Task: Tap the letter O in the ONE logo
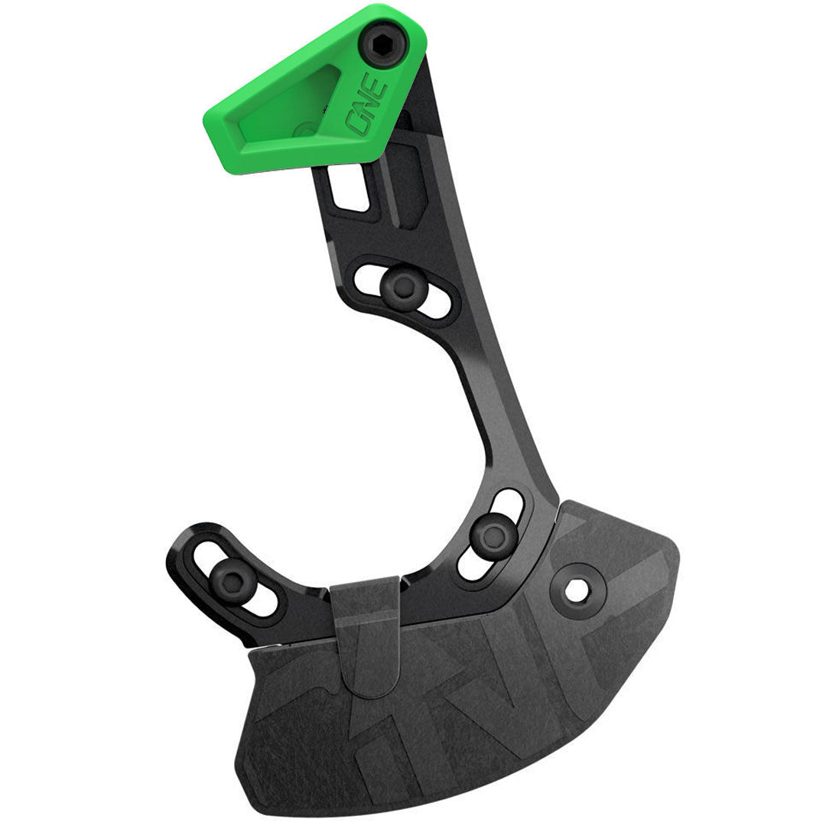pyautogui.click(x=359, y=123)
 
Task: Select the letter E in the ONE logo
pyautogui.click(x=380, y=90)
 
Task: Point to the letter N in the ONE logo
pyautogui.click(x=371, y=106)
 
